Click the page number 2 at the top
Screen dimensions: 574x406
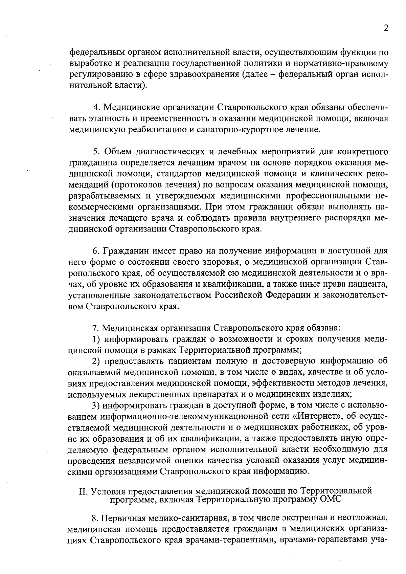(x=386, y=28)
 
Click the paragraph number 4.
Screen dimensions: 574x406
(x=96, y=107)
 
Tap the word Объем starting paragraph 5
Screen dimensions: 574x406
(x=117, y=152)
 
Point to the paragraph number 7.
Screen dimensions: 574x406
(x=95, y=328)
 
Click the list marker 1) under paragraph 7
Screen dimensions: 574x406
(x=96, y=339)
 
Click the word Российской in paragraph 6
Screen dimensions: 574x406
(x=239, y=295)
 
